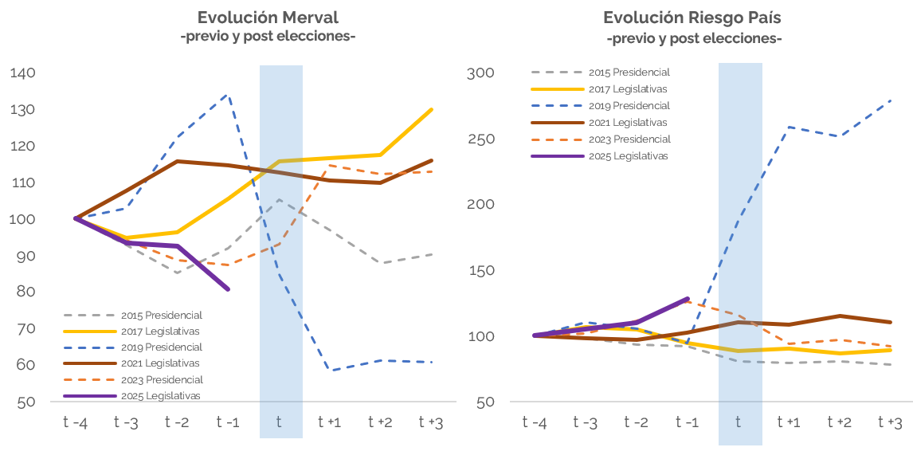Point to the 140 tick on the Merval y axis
tap(22, 73)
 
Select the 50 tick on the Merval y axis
tap(25, 402)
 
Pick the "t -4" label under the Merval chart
tap(76, 422)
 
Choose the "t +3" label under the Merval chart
tap(431, 422)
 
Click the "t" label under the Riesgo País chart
tap(739, 422)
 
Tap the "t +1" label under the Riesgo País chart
tap(789, 422)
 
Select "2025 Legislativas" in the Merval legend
tap(161, 396)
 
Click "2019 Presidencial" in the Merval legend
tap(162, 347)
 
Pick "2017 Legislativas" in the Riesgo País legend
tap(628, 89)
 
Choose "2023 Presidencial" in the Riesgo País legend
tap(629, 139)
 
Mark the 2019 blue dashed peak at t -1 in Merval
tap(228, 95)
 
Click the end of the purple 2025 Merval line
tap(229, 289)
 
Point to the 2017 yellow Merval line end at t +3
tap(432, 109)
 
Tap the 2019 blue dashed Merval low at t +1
tap(330, 370)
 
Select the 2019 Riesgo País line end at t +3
tap(891, 100)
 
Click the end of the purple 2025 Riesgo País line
tap(688, 299)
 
